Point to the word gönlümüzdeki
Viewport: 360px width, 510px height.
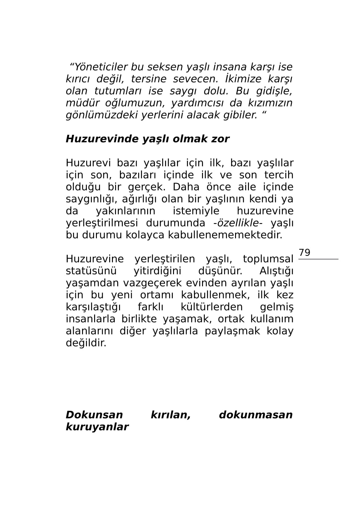102,115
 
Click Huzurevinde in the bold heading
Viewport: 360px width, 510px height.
102,139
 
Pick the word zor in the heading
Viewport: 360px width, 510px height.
220,139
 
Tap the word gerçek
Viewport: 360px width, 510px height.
146,187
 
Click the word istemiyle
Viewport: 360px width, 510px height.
196,211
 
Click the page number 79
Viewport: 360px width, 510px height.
304,253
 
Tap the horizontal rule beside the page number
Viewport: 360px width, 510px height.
318,259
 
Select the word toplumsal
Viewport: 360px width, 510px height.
268,259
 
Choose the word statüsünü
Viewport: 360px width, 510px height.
91,271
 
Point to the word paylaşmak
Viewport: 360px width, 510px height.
232,331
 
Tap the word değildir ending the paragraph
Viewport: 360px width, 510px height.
86,343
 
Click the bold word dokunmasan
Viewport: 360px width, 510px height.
255,415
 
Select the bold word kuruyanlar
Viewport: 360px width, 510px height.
97,427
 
